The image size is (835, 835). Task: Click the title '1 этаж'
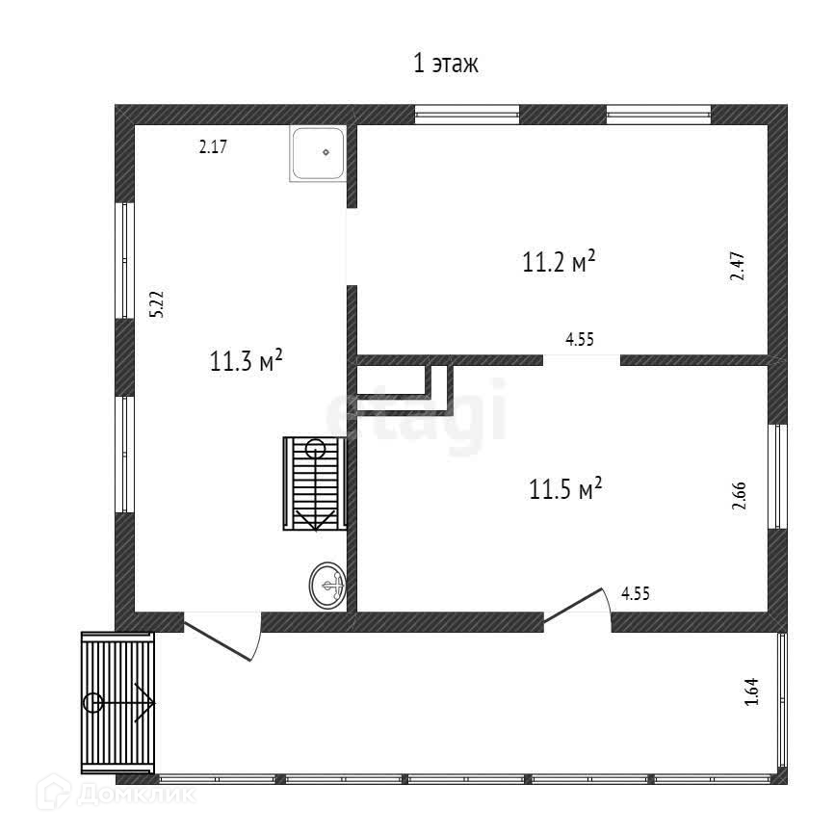(x=446, y=65)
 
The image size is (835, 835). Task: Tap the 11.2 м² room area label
(x=559, y=262)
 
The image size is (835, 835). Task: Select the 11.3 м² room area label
(x=246, y=362)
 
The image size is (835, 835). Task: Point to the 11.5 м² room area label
(x=566, y=489)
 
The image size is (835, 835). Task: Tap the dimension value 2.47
(x=737, y=264)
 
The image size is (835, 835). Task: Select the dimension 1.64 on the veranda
(x=753, y=693)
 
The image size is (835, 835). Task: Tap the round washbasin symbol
(x=327, y=584)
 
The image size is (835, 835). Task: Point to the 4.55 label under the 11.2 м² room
(x=579, y=339)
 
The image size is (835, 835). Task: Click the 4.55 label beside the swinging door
(x=637, y=594)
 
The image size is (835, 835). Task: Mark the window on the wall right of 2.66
(x=776, y=477)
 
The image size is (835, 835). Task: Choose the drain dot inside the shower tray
(x=326, y=151)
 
